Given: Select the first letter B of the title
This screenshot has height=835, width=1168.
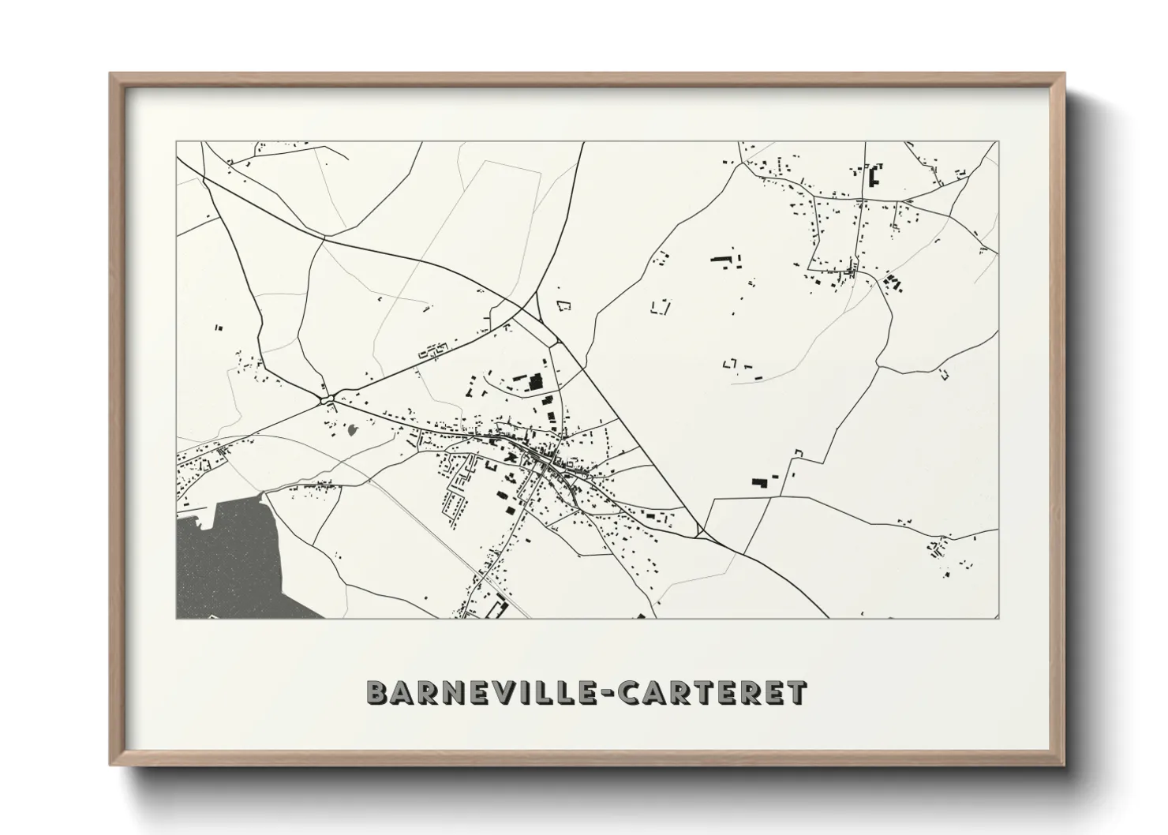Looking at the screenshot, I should tap(378, 692).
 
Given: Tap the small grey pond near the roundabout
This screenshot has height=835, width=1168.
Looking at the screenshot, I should tap(352, 430).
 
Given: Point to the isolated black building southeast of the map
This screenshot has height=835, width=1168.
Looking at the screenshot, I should tap(759, 481).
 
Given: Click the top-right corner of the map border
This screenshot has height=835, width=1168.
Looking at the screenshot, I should tap(998, 143).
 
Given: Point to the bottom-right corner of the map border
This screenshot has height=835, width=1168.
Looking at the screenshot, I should tap(998, 618).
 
